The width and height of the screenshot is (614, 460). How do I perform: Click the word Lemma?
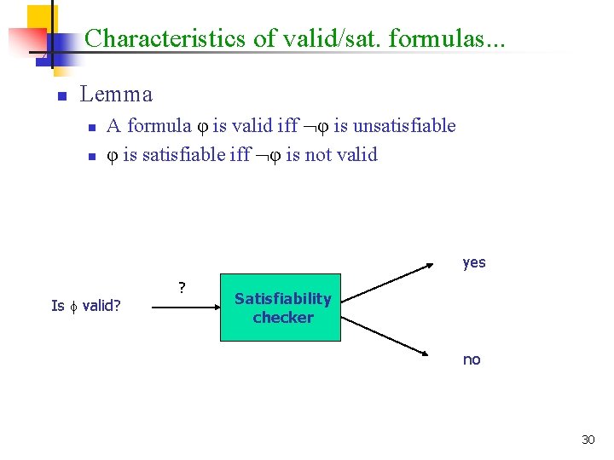coord(116,95)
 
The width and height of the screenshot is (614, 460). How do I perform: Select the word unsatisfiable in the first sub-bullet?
coord(404,126)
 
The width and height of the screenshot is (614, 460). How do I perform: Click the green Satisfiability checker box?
coord(281,308)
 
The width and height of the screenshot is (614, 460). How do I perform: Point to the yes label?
coord(474,262)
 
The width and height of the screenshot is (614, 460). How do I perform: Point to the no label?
coord(472,359)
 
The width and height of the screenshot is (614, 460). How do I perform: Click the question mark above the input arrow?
coord(182,287)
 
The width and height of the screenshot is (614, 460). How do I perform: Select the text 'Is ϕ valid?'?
coord(85,306)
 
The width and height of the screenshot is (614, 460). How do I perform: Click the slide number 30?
coord(588,440)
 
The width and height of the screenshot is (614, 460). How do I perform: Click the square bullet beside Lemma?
coord(61,96)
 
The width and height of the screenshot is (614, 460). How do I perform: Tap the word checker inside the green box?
coord(283,318)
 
